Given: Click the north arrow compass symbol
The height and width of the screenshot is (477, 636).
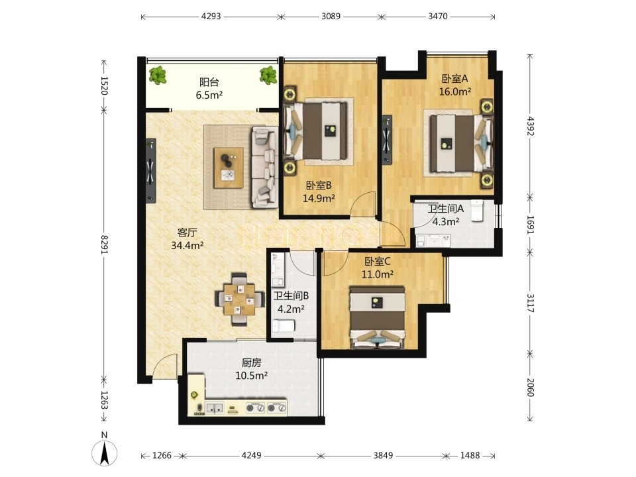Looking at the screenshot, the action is coord(105,451).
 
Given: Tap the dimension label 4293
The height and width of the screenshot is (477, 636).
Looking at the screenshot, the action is coord(211,16).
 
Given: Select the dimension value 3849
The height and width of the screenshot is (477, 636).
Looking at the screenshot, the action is coord(383,456).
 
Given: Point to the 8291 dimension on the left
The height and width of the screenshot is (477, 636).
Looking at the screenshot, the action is coord(104,244).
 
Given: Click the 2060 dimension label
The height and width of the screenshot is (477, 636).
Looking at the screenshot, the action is coord(531,387).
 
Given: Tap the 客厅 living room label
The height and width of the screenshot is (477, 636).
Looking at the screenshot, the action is coord(187,233).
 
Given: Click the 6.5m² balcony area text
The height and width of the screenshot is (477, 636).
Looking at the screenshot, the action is coord(209,95).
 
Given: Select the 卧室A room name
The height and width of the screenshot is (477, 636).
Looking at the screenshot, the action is coord(454,78).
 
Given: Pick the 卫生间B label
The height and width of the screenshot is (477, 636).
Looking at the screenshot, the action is coord(291,296).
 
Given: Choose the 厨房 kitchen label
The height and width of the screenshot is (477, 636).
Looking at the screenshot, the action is coord(252,362).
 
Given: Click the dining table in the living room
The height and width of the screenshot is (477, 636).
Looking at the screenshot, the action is coord(239,299).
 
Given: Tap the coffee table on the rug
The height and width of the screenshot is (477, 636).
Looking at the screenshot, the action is coord(229,168).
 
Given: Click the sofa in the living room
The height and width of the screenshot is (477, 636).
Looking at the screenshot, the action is coord(264,167).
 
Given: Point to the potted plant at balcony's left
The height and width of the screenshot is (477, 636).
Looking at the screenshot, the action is coord(158,75).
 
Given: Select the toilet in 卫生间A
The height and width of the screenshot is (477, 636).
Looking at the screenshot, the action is coord(477,210).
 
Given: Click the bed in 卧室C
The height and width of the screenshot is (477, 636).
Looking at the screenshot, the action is coord(378,317).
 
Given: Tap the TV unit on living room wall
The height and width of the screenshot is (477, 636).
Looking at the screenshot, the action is coord(151,171).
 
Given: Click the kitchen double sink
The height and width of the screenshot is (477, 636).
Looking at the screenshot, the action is coord(215,407).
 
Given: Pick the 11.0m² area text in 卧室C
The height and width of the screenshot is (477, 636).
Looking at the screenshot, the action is coord(377,274).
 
